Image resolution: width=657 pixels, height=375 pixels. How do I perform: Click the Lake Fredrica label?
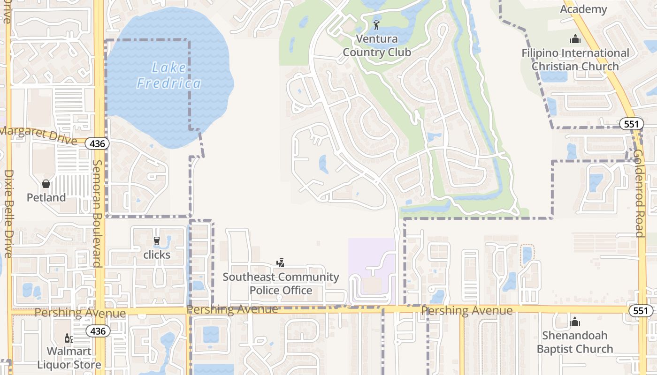[169, 75]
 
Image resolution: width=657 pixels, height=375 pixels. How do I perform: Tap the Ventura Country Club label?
[376, 45]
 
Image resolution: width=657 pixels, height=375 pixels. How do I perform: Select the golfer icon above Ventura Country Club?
[376, 24]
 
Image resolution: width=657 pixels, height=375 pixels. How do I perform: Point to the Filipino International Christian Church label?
[575, 60]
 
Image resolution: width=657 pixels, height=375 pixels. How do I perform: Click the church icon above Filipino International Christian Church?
[575, 39]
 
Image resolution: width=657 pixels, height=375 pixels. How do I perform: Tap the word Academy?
[584, 9]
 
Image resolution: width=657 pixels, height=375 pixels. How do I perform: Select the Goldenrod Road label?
[638, 193]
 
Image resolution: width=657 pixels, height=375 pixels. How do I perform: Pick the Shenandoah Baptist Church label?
[575, 342]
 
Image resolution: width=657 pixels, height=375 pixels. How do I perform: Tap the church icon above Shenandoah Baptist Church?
[575, 322]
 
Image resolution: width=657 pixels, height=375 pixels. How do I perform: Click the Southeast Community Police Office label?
[281, 284]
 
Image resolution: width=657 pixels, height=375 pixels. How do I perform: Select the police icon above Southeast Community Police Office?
[281, 262]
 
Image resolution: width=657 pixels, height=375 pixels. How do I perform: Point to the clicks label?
[157, 255]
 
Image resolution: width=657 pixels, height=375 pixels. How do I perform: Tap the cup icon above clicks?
[157, 241]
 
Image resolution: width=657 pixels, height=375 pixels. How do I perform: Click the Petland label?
[46, 197]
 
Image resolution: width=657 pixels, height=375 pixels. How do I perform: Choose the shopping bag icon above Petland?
[46, 183]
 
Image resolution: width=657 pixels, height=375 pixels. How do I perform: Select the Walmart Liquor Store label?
[69, 358]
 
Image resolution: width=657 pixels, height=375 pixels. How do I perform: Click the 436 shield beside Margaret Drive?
[97, 143]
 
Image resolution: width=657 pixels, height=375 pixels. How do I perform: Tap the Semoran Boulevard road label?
[98, 213]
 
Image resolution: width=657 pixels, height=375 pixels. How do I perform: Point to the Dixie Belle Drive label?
[9, 213]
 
